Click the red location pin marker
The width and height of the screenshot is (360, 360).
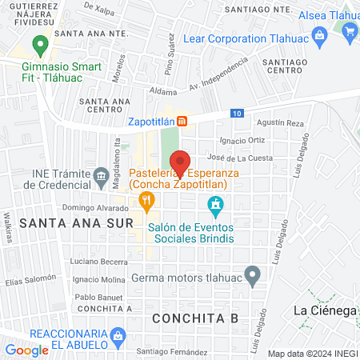(180, 162)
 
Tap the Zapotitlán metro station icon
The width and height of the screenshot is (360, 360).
(183, 122)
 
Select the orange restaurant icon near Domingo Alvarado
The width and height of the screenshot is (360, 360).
(146, 204)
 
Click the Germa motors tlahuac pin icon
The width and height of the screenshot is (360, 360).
(253, 277)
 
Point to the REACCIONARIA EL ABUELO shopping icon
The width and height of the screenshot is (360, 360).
(118, 334)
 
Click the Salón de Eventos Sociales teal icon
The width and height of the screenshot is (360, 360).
(214, 206)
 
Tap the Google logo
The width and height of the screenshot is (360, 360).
(26, 350)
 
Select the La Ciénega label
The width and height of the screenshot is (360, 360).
(325, 310)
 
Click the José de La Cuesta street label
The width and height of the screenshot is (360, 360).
(239, 158)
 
